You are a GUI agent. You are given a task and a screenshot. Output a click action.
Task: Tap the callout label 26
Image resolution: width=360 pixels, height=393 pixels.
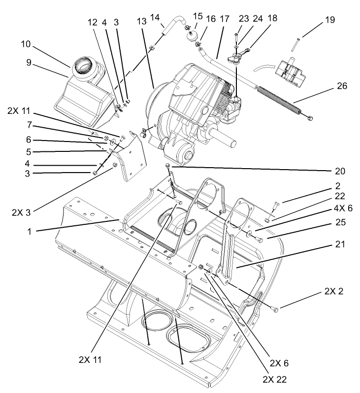pos(342,86)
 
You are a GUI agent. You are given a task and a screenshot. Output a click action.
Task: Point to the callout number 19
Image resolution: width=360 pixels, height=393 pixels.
pos(329,20)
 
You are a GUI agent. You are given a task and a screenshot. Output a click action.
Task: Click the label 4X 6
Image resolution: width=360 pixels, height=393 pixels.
pos(341,209)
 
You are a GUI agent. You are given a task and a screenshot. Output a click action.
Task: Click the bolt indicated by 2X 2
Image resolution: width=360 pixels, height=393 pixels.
pos(275,309)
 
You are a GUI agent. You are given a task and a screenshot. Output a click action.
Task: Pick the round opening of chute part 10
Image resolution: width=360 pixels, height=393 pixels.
pos(85,65)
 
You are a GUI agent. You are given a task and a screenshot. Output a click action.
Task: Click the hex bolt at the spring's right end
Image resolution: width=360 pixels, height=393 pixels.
pos(309,118)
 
